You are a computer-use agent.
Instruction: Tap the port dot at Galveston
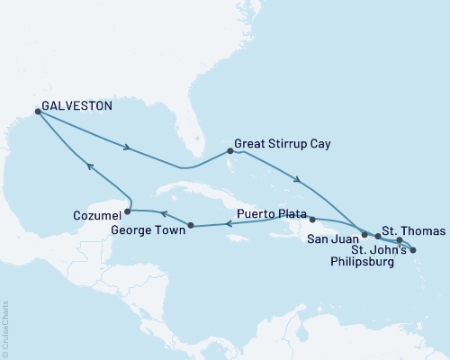pyautogui.click(x=37, y=112)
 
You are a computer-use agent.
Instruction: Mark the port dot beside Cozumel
pyautogui.click(x=127, y=212)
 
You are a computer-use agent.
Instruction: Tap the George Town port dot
pyautogui.click(x=190, y=225)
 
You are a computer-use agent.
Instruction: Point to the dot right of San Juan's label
pyautogui.click(x=364, y=234)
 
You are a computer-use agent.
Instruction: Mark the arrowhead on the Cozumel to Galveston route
pyautogui.click(x=88, y=166)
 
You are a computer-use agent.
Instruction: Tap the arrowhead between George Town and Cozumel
pyautogui.click(x=163, y=213)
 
